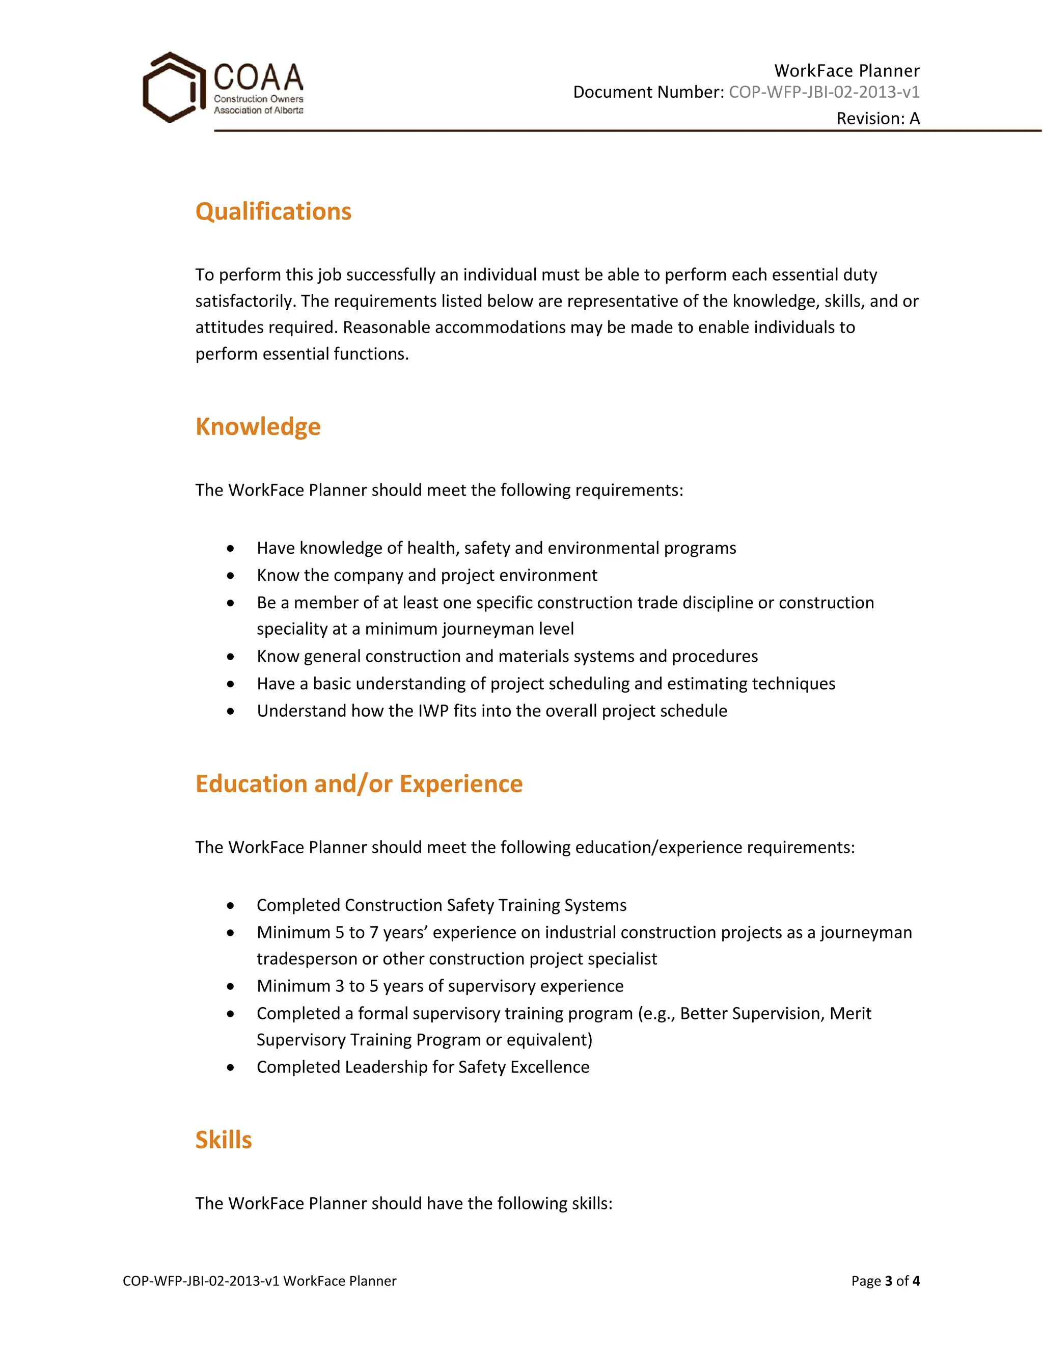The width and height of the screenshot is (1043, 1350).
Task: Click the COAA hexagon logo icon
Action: pyautogui.click(x=173, y=87)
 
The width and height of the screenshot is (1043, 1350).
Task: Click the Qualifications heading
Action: pyautogui.click(x=273, y=211)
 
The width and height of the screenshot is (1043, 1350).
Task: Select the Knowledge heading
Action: pyautogui.click(x=258, y=426)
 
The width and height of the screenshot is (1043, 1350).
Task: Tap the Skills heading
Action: pyautogui.click(x=223, y=1140)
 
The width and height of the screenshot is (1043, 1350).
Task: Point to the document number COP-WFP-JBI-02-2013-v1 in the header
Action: pyautogui.click(x=824, y=92)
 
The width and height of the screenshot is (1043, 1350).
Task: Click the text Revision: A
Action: pyautogui.click(x=877, y=118)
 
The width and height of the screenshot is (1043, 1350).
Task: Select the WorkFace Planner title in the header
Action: pyautogui.click(x=846, y=70)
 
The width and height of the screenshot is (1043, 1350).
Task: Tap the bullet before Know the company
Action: pyautogui.click(x=231, y=576)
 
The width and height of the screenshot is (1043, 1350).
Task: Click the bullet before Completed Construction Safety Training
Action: pyautogui.click(x=231, y=906)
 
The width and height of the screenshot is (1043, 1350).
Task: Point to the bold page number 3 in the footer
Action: pyautogui.click(x=889, y=1281)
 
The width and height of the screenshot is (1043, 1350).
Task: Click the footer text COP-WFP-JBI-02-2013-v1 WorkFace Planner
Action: pyautogui.click(x=260, y=1281)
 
